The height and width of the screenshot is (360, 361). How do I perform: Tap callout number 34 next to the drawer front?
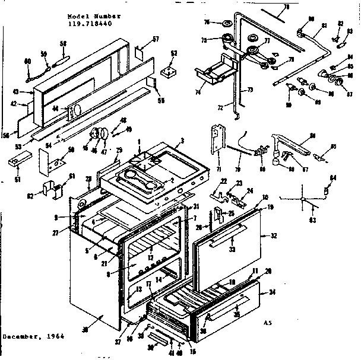point(273,292)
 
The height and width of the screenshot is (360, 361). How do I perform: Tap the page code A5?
point(268,323)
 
